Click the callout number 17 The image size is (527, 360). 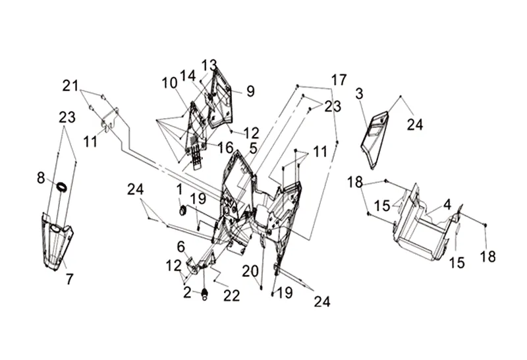pos(339,80)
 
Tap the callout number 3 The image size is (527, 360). pos(359,94)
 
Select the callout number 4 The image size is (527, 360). pos(447,204)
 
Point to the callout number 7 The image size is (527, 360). pos(69,279)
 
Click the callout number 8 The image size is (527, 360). pos(41,177)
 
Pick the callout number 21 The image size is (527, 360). pos(70,86)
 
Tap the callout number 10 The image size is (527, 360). pos(170,83)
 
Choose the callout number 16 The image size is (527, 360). pos(225,148)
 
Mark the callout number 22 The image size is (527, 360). pos(232,296)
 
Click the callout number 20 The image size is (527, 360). pos(250,271)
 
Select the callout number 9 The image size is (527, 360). pos(251,91)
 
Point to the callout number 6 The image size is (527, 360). pos(180,247)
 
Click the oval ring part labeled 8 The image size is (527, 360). pos(62,187)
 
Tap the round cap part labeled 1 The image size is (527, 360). pos(183,211)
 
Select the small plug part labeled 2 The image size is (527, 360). pos(204,294)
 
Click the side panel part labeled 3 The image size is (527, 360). pos(375,140)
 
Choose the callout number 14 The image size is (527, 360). pos(188,76)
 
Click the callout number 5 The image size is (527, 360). pos(253,148)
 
